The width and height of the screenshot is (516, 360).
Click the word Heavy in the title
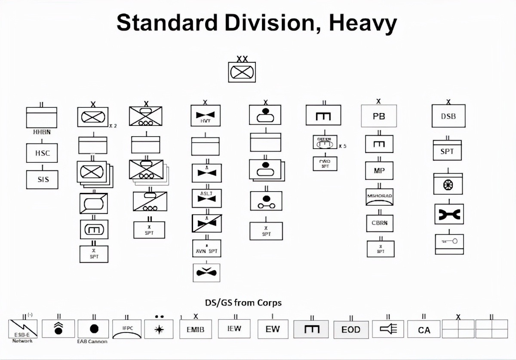coord(362,23)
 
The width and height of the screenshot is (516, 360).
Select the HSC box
coord(42,153)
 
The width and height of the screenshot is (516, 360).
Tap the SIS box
coord(42,180)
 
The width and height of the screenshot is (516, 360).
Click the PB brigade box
coord(378,116)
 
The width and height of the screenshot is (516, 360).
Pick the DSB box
coord(448,116)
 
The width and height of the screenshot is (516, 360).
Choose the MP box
coord(379,171)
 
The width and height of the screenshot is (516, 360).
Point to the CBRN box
coord(380,223)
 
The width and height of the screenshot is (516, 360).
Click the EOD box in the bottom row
coord(351,329)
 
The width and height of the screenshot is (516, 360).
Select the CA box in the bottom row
coord(424,329)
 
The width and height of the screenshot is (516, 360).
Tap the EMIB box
coord(195,329)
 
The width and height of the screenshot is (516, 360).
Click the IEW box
coord(234,329)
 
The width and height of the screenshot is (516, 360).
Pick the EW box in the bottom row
coord(273,329)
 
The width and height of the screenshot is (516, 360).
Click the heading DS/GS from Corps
coord(243,302)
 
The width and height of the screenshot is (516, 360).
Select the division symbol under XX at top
coord(242,72)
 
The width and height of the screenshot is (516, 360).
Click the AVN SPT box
coord(206,250)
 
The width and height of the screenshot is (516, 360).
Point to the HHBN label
coord(42,132)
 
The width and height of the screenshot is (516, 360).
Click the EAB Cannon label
coord(92,342)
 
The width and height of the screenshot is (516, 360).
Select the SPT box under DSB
coord(447,151)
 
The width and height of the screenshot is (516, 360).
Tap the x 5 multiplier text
coord(343,146)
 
